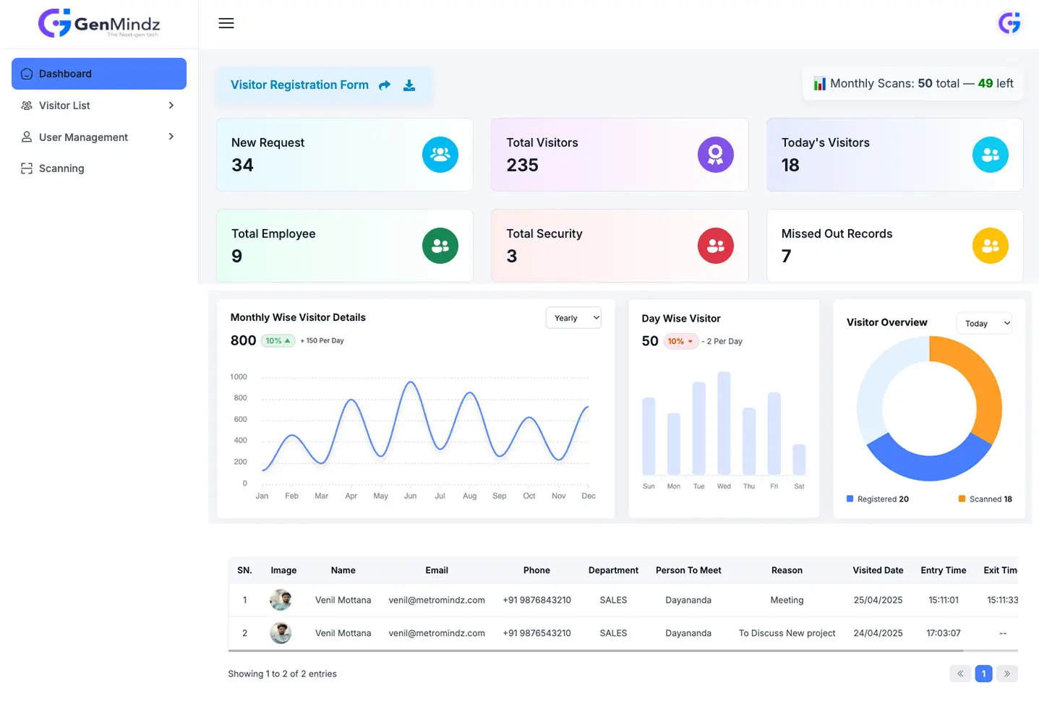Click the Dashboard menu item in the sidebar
click(x=99, y=74)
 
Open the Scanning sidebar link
click(x=61, y=168)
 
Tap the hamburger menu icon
click(x=226, y=23)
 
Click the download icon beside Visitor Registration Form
click(x=409, y=85)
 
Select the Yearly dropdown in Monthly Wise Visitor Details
click(x=573, y=318)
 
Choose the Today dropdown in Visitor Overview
click(x=984, y=323)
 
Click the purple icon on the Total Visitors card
click(x=715, y=155)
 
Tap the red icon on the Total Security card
click(x=715, y=246)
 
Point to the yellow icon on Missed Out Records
click(x=990, y=246)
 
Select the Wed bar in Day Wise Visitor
click(x=724, y=423)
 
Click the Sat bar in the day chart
click(x=799, y=459)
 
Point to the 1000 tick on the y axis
click(x=239, y=377)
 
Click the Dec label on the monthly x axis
click(x=589, y=496)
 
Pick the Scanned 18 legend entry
click(x=985, y=499)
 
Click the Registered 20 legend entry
click(x=878, y=499)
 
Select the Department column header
click(x=613, y=570)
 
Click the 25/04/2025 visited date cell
click(x=878, y=600)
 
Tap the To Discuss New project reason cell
click(x=787, y=633)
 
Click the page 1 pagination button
click(x=983, y=674)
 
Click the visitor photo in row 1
click(x=281, y=600)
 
